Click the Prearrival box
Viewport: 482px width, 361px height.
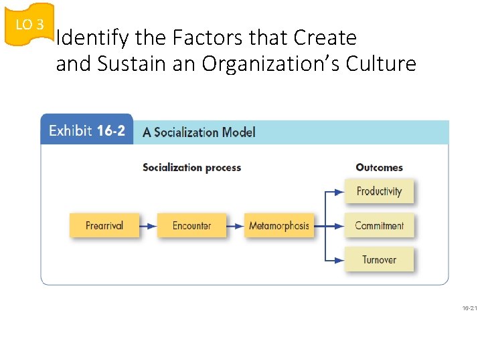pyautogui.click(x=104, y=225)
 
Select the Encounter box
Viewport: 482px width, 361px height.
pyautogui.click(x=191, y=225)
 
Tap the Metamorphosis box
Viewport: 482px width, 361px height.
pyautogui.click(x=278, y=225)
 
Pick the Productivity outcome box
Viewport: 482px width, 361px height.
pyautogui.click(x=379, y=191)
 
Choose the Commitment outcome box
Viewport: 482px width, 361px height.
pyautogui.click(x=379, y=226)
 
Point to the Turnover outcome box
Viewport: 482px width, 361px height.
pyautogui.click(x=379, y=259)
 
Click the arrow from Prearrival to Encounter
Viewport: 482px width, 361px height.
pyautogui.click(x=148, y=226)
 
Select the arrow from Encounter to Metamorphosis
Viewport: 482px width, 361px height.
pyautogui.click(x=235, y=226)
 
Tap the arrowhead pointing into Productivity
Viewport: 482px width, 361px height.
pyautogui.click(x=339, y=192)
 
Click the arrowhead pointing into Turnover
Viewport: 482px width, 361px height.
pyautogui.click(x=339, y=260)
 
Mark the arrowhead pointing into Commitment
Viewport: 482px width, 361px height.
pyautogui.click(x=339, y=226)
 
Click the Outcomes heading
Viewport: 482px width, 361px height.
pyautogui.click(x=379, y=167)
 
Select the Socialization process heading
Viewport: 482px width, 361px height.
pyautogui.click(x=191, y=167)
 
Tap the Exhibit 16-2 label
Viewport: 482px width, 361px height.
pyautogui.click(x=87, y=130)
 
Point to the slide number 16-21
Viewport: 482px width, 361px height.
pyautogui.click(x=469, y=308)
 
